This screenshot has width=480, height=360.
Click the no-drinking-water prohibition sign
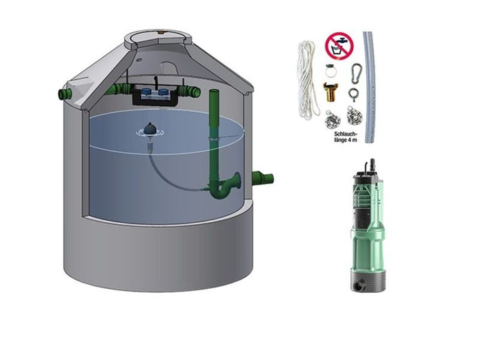click(x=338, y=45)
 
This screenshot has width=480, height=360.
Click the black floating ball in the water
click(x=152, y=128)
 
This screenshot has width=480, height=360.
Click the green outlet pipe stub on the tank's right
click(x=263, y=178)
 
